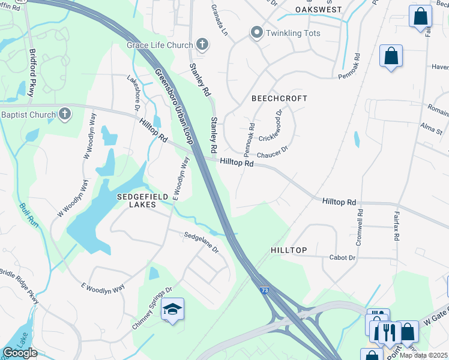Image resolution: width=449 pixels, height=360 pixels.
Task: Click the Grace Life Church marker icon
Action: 202,44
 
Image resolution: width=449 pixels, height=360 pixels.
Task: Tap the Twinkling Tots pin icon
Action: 257,32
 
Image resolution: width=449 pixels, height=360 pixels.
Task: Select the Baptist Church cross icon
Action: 65,113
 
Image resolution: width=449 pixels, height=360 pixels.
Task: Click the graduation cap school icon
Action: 173,309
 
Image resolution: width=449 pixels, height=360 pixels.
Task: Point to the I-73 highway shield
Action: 265,290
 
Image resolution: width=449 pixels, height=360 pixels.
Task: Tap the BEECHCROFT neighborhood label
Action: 279,98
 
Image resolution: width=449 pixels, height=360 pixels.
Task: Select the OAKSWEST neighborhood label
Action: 318,10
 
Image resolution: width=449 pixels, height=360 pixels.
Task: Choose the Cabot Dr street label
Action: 343,257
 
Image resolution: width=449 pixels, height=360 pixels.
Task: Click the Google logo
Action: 20,353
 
